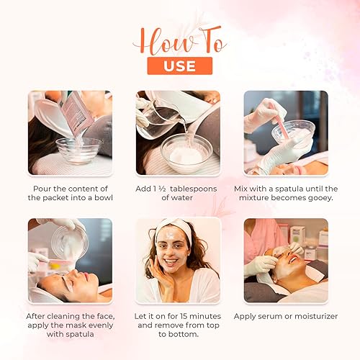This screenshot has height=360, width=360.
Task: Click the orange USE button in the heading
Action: coord(179,66)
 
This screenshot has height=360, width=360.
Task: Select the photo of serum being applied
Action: coord(286,260)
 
